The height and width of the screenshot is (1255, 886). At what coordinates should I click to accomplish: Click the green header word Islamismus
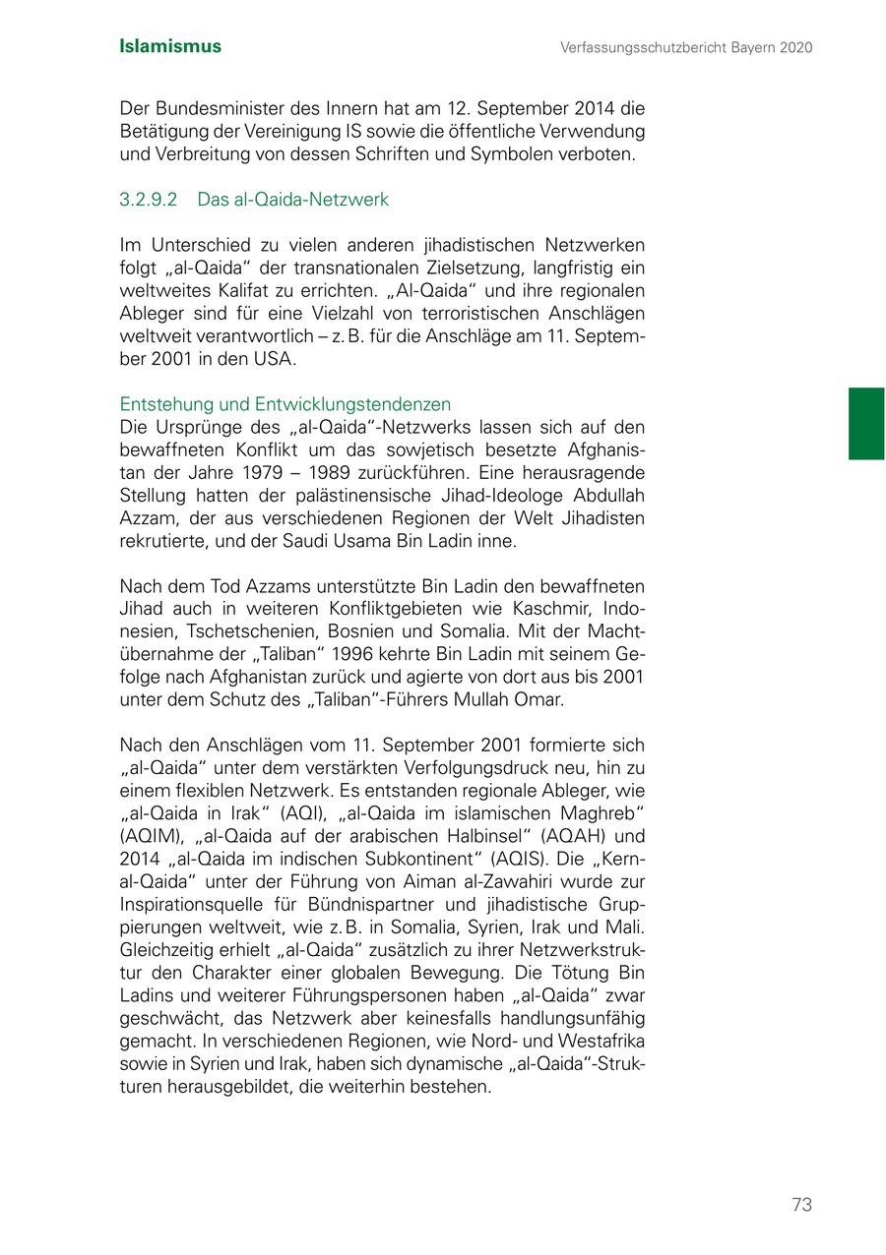169,46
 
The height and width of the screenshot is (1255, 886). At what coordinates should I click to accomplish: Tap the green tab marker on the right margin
866,424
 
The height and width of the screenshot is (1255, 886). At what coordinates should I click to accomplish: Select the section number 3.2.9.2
148,200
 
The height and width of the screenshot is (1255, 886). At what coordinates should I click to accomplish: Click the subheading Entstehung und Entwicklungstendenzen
285,404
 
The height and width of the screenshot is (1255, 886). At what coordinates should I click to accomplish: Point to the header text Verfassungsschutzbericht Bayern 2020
686,47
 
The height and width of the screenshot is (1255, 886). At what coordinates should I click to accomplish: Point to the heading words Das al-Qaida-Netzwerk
292,200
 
